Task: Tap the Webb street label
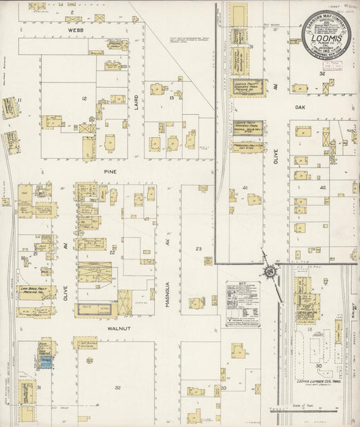point(74,30)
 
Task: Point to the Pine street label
point(111,172)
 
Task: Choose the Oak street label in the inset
point(301,105)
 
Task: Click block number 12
point(84,99)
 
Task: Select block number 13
point(172,99)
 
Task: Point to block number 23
point(199,249)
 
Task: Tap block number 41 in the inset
point(246,187)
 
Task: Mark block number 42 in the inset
point(323,187)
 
